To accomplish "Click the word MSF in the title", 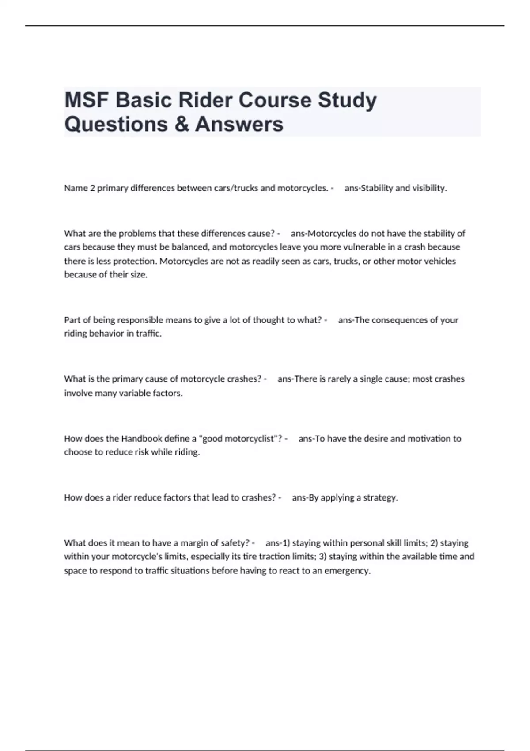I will pos(87,100).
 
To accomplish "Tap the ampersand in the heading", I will pos(182,124).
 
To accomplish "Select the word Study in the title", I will pos(347,101).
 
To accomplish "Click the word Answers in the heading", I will pos(239,124).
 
